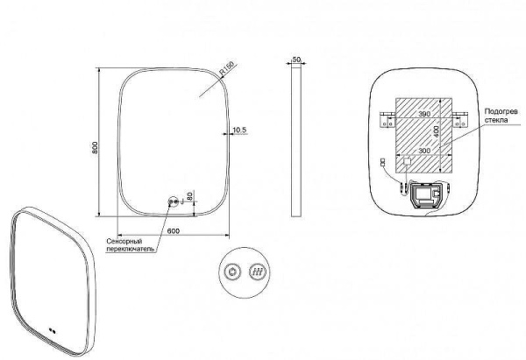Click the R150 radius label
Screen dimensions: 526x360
click(226, 68)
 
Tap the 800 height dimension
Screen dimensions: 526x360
click(95, 147)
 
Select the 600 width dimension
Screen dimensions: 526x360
click(174, 230)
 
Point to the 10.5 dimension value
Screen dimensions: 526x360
click(239, 130)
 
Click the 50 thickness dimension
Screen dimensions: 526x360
click(296, 60)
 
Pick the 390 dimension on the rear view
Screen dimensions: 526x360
click(424, 114)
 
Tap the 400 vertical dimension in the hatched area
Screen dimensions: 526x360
click(436, 131)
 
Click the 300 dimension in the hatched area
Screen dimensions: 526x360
click(424, 151)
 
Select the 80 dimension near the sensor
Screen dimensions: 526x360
click(189, 195)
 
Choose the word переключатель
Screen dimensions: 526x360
click(131, 249)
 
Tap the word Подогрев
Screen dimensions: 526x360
click(501, 111)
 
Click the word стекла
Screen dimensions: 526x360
click(496, 120)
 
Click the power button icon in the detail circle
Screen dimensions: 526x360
click(232, 272)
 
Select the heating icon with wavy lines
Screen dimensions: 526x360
click(258, 272)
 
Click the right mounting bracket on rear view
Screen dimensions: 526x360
click(459, 120)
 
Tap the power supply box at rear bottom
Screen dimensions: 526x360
click(425, 195)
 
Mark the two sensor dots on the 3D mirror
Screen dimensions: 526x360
click(52, 330)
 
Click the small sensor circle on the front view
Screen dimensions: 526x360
click(174, 201)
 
